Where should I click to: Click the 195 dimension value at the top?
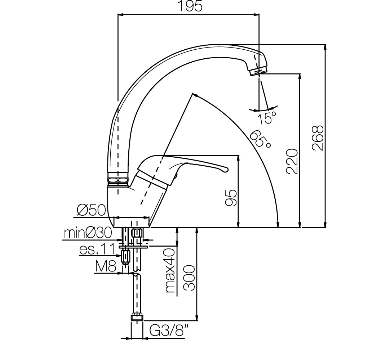(190, 6)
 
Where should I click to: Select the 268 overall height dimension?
(318, 138)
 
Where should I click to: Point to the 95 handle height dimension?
(231, 198)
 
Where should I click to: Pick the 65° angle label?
(260, 139)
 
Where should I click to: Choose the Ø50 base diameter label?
(91, 211)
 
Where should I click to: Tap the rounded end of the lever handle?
(225, 170)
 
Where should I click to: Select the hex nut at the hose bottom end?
(137, 317)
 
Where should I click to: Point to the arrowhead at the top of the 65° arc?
(195, 95)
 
